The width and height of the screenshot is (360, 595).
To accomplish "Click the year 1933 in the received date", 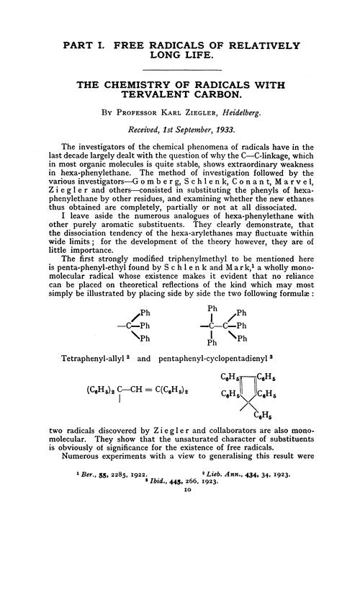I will [235, 133].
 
